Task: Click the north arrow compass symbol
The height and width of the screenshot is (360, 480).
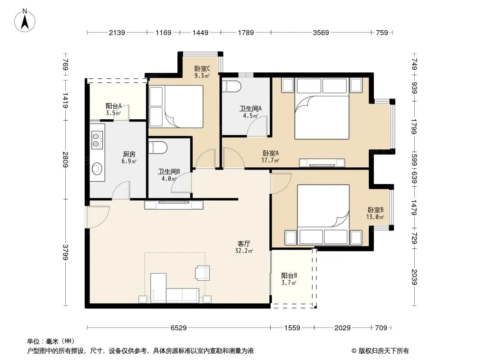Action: pyautogui.click(x=25, y=21)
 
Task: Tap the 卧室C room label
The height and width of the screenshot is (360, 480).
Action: pyautogui.click(x=202, y=68)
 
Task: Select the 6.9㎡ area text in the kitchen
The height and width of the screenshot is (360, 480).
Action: pyautogui.click(x=129, y=161)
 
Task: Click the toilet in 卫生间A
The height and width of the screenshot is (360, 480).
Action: pyautogui.click(x=231, y=86)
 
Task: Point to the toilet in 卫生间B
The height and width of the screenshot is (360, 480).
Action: pyautogui.click(x=158, y=148)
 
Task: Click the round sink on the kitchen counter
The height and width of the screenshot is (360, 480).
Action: pyautogui.click(x=97, y=168)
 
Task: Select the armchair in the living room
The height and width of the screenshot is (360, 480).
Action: pyautogui.click(x=202, y=273)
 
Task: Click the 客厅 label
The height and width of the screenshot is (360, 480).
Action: pyautogui.click(x=244, y=243)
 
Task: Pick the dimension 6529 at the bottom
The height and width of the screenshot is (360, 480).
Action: pyautogui.click(x=178, y=328)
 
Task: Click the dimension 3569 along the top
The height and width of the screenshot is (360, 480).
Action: pyautogui.click(x=321, y=32)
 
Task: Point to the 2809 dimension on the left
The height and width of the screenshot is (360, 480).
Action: pyautogui.click(x=65, y=159)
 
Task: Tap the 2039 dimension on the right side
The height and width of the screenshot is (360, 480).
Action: pyautogui.click(x=414, y=277)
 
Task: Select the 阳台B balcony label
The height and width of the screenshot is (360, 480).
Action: pyautogui.click(x=289, y=275)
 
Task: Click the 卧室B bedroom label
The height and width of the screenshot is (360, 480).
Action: pyautogui.click(x=376, y=210)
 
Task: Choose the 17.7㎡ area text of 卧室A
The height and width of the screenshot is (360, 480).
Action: pyautogui.click(x=270, y=160)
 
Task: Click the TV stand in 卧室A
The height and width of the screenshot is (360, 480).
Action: pyautogui.click(x=322, y=163)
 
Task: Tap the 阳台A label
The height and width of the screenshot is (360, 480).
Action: pyautogui.click(x=113, y=106)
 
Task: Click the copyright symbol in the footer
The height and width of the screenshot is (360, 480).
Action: pyautogui.click(x=354, y=351)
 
